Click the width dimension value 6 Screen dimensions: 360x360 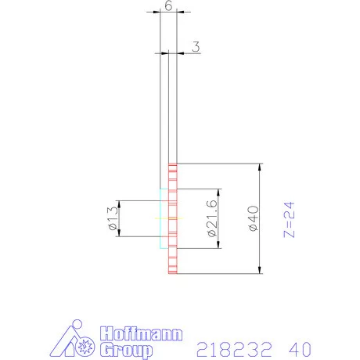click(x=168, y=5)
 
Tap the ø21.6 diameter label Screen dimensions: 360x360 click(x=211, y=219)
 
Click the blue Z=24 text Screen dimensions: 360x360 click(x=289, y=219)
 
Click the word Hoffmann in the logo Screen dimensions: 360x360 click(x=141, y=334)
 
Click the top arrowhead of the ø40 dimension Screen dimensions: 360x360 click(x=259, y=166)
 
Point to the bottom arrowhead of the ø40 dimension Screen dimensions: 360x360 click(x=259, y=273)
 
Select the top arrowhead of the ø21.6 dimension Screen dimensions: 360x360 click(x=218, y=192)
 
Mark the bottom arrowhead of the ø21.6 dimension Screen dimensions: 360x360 click(x=218, y=247)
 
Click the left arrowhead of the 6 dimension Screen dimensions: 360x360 click(x=161, y=12)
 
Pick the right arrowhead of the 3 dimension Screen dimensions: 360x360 click(x=179, y=52)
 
